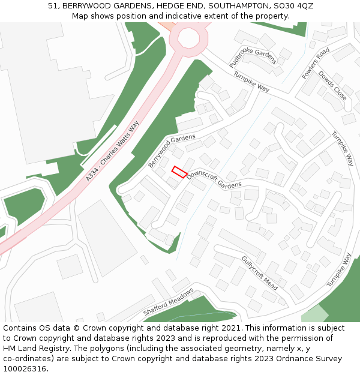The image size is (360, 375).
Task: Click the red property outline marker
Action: coord(179,172)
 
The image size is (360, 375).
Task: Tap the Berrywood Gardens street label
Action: coord(172,151)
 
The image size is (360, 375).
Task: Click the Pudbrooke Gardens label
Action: coord(253,55)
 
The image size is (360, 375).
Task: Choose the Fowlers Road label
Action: coord(316,64)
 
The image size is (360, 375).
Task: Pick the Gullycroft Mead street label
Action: coord(259,272)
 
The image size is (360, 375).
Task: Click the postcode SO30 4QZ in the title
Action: coord(294,6)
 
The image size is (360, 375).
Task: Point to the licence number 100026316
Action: coord(25,369)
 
